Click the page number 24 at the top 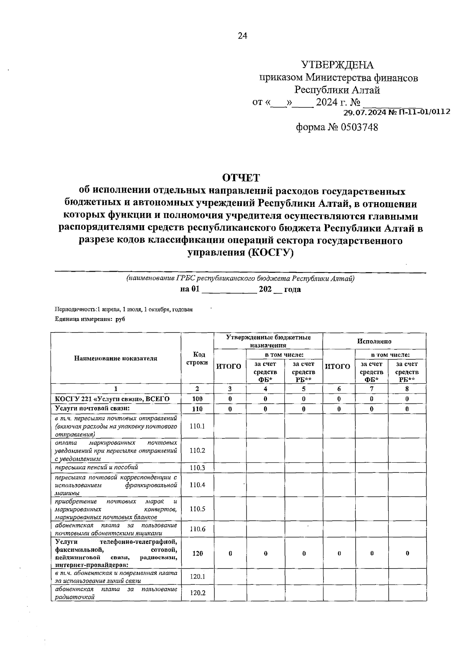[242, 36]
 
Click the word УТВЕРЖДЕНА [337, 65]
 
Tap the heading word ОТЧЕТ [241, 178]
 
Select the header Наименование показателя [116, 358]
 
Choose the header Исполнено [374, 341]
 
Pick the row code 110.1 [197, 426]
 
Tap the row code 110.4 [197, 485]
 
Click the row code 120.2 [197, 593]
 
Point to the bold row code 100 [197, 399]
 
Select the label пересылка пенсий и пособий [97, 467]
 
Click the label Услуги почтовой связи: [92, 409]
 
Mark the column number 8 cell [407, 389]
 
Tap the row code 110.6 [197, 529]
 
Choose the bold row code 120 [197, 553]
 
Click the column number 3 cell [230, 389]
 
